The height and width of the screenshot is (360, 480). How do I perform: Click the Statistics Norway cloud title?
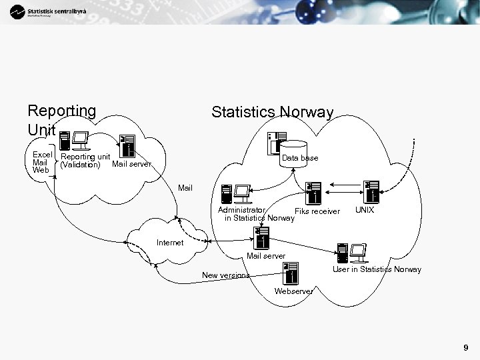[272, 112]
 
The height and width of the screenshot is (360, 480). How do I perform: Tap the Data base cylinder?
[293, 153]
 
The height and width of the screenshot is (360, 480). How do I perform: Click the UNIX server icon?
[372, 191]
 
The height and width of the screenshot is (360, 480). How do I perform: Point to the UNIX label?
[365, 211]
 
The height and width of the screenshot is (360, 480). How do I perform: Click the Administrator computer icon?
[235, 194]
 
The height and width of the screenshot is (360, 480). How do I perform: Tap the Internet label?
[169, 243]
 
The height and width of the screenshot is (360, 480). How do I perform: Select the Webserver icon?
[291, 273]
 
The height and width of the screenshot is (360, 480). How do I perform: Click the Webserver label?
[293, 291]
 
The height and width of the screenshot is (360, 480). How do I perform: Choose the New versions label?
[225, 275]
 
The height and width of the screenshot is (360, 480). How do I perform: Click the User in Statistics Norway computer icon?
[351, 253]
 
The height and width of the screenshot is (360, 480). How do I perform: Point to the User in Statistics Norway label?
[377, 269]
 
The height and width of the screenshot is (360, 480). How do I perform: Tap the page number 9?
[465, 347]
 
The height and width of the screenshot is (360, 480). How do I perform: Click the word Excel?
[42, 155]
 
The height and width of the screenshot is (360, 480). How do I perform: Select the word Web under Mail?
[40, 170]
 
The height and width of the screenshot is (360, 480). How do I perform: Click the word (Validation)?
[80, 165]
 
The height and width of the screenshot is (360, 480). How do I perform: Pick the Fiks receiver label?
[317, 211]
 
